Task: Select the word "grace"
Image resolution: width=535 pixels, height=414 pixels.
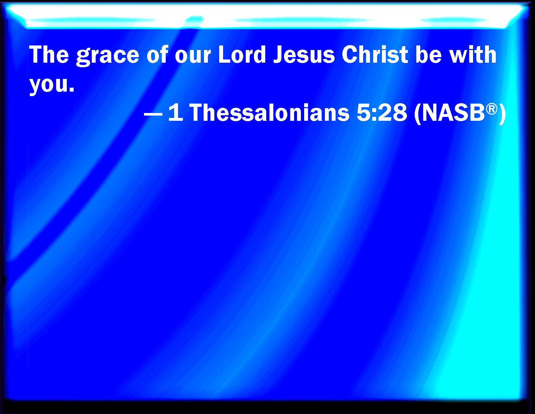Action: [x=108, y=56]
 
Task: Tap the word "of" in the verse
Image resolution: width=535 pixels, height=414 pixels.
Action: [x=157, y=54]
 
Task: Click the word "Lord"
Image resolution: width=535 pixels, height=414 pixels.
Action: [x=242, y=54]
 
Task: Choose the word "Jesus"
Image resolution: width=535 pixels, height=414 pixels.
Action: [x=304, y=54]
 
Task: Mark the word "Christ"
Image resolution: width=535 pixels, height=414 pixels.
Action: [x=375, y=54]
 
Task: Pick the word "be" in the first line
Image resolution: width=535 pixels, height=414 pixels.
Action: [x=428, y=54]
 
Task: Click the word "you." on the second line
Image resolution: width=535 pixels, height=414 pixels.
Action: [x=52, y=85]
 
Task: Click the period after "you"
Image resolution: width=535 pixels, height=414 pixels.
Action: [x=72, y=90]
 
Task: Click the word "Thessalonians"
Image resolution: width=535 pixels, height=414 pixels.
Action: [x=269, y=112]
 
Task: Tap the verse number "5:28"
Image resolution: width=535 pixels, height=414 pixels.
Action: [x=382, y=112]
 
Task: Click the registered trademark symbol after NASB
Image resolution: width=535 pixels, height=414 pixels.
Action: [x=492, y=109]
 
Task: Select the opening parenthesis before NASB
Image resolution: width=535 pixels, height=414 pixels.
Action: [x=418, y=114]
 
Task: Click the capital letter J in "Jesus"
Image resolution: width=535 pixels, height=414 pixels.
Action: [x=279, y=55]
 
